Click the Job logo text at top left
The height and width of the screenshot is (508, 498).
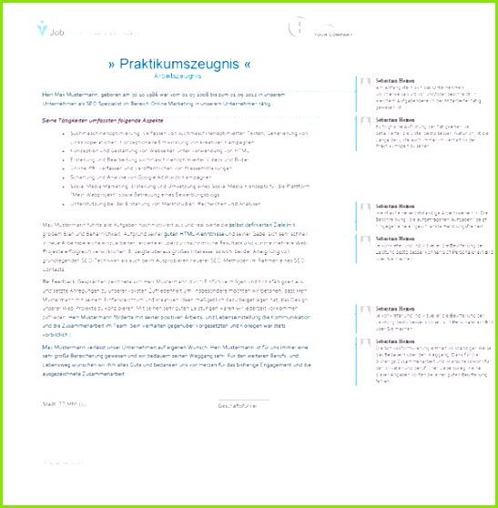tap(58, 30)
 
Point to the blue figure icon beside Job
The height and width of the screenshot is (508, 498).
tap(42, 30)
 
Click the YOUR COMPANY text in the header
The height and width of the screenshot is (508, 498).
tap(331, 37)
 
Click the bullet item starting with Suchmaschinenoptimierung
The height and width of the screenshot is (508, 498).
tap(182, 132)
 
